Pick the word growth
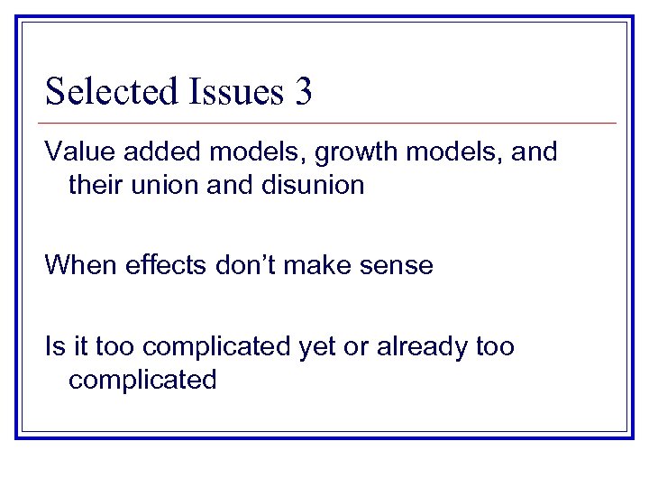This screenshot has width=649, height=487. coord(328,152)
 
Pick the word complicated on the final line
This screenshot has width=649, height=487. coord(142,380)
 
